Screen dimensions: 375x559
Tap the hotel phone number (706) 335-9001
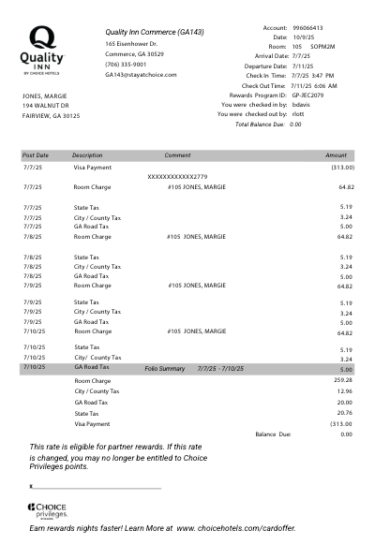tap(126, 65)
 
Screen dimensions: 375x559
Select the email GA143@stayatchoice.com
tap(141, 75)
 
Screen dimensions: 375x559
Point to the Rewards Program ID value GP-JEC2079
tap(307, 95)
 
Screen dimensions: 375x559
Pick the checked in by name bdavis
tap(302, 104)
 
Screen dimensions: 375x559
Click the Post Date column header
tap(36, 155)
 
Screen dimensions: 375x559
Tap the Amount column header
tap(336, 155)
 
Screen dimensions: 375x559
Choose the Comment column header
tap(177, 155)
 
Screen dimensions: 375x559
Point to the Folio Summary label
tap(164, 369)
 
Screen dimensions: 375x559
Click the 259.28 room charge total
tap(342, 380)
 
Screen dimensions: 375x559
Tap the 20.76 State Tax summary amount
tap(344, 413)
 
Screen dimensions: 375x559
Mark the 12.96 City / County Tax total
tap(344, 391)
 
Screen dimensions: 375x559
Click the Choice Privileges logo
tap(46, 511)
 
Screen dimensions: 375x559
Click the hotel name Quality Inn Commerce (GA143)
tap(154, 32)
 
